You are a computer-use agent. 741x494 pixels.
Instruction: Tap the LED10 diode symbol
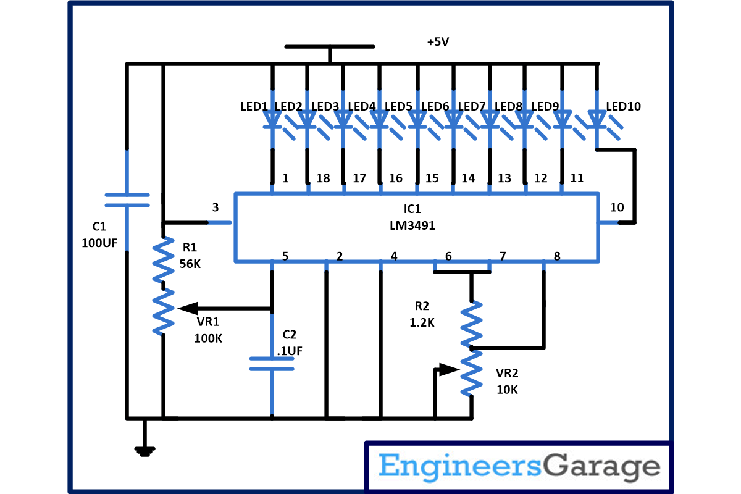597,118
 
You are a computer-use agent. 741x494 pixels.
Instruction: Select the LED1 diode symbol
272,118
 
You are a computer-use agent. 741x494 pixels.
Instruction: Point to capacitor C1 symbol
127,200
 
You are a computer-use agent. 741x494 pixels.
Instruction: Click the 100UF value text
99,243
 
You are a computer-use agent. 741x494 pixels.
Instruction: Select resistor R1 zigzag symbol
163,259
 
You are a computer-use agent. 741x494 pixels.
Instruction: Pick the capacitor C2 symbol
271,363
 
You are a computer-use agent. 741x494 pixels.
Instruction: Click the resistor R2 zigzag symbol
471,323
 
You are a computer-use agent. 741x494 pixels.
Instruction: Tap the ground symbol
144,451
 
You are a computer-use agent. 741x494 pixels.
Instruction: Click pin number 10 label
617,207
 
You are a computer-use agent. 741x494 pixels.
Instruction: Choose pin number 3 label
215,207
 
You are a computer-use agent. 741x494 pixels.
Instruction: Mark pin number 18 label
323,178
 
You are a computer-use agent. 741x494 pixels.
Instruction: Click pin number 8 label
557,256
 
